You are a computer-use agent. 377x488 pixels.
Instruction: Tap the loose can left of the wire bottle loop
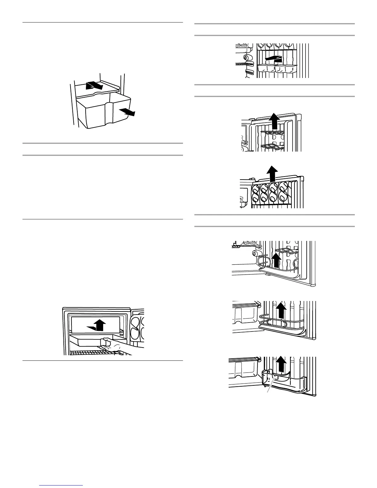coord(255,253)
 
